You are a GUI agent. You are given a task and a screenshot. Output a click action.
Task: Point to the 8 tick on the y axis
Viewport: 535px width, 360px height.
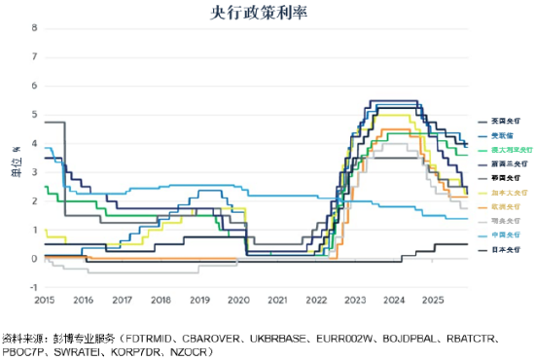35,27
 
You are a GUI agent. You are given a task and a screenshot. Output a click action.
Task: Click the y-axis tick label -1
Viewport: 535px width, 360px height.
33,288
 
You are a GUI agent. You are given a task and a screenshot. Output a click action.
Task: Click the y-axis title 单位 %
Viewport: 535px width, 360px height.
15,158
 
